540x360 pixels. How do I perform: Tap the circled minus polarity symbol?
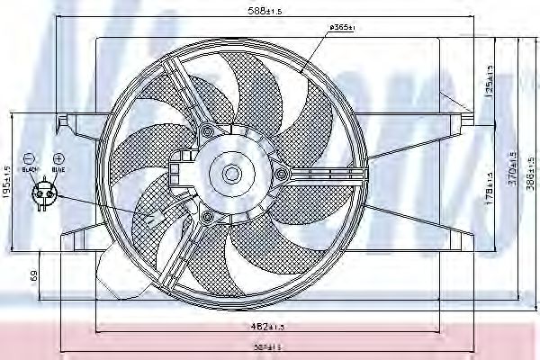29,157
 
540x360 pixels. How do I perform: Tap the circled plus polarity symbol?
58,157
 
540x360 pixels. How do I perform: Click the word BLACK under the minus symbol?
29,168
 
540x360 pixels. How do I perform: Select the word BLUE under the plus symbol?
58,168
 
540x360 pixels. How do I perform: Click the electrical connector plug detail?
42,193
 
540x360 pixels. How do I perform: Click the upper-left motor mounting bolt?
209,133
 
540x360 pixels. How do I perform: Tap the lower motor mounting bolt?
209,217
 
